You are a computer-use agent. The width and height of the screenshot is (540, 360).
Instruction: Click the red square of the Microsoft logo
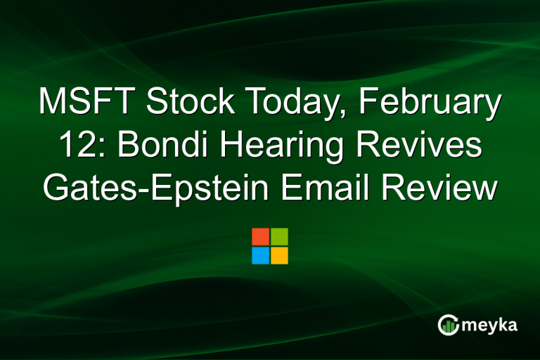pyautogui.click(x=260, y=236)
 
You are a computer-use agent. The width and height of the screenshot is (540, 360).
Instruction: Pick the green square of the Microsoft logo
pyautogui.click(x=279, y=236)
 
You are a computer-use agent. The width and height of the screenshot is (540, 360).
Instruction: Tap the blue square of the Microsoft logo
pyautogui.click(x=260, y=255)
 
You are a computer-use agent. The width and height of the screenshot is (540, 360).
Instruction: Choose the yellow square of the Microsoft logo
pyautogui.click(x=279, y=255)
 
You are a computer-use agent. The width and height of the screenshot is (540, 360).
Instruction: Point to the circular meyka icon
pyautogui.click(x=448, y=324)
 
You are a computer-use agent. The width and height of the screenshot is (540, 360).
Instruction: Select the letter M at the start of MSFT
pyautogui.click(x=54, y=103)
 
